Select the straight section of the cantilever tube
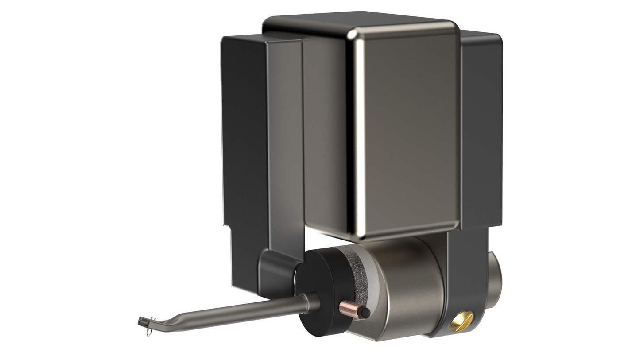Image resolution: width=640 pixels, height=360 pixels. (239, 311)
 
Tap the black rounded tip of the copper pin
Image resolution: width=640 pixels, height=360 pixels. (365, 313)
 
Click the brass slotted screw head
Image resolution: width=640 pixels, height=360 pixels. (461, 321)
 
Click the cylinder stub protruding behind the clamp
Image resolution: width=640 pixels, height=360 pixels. (494, 279)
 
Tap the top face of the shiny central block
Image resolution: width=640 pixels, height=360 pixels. (354, 20)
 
